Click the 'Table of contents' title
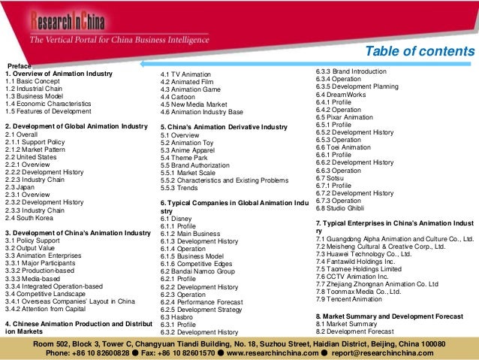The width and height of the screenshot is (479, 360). click(x=420, y=51)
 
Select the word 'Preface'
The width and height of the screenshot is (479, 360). click(x=18, y=65)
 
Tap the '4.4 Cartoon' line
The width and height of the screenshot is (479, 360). click(x=179, y=98)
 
